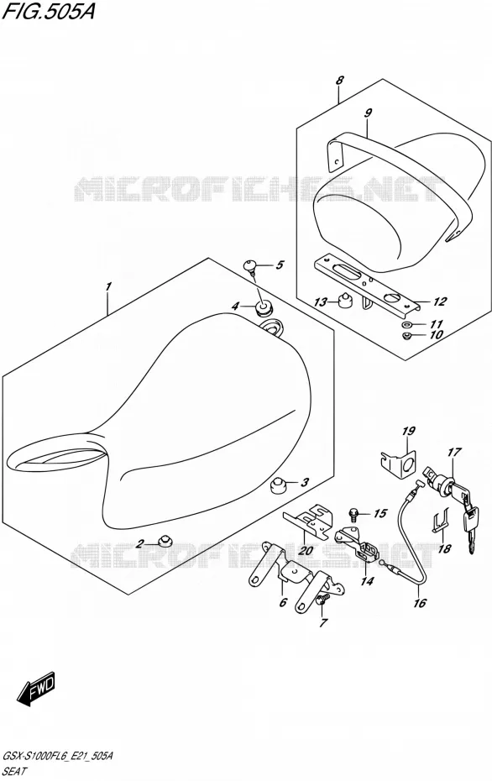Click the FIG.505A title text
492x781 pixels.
click(48, 11)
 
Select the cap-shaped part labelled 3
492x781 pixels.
click(280, 484)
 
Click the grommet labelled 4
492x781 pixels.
click(264, 308)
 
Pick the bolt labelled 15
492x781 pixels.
click(354, 512)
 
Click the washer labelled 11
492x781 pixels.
click(406, 324)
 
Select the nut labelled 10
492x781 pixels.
click(406, 335)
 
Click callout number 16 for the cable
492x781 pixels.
click(420, 603)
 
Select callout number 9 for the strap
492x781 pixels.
click(368, 113)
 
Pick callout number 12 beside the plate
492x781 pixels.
click(440, 301)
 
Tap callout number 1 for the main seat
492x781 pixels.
click(108, 287)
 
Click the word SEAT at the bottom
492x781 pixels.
click(15, 771)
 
